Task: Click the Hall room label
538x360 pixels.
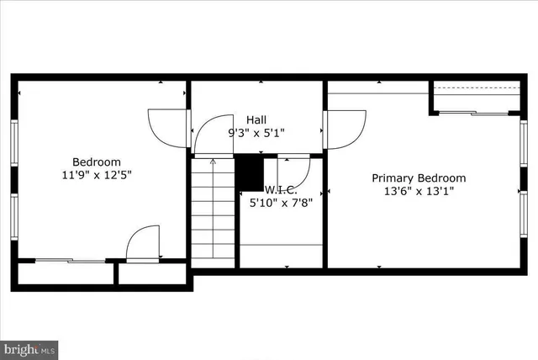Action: coord(256,120)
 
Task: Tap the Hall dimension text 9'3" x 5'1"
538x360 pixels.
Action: coord(256,133)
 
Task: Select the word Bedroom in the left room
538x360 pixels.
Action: coord(96,162)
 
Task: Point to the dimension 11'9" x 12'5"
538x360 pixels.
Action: coord(96,175)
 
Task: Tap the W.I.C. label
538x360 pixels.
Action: coord(281,189)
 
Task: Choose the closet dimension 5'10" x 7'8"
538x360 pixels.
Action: coord(281,202)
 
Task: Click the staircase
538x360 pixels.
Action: coord(212,210)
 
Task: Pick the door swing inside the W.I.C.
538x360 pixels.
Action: coord(298,171)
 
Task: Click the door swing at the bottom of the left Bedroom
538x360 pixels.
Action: coord(144,243)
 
